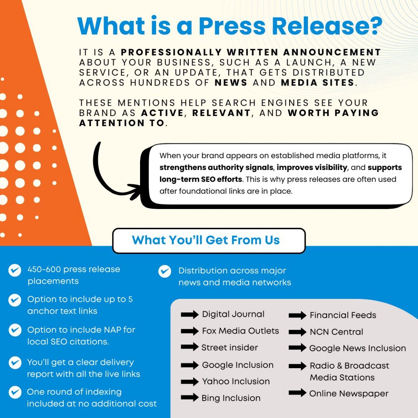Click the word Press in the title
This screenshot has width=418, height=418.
tap(232, 26)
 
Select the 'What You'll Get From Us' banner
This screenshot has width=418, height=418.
tap(209, 240)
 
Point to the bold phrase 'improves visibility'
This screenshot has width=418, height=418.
tap(312, 167)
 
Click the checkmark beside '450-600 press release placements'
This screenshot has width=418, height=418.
tap(15, 270)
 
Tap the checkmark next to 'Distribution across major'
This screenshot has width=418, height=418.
tap(165, 271)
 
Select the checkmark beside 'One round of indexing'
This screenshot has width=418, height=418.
tap(15, 392)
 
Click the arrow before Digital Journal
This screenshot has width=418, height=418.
tap(190, 314)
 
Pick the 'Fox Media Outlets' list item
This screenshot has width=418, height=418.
tap(240, 331)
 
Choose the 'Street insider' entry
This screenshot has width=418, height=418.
tap(230, 348)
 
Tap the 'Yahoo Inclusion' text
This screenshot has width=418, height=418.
tap(236, 382)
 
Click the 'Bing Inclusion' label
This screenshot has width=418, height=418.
tap(231, 398)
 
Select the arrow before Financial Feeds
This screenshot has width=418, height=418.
tap(297, 315)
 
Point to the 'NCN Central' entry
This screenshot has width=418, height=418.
tap(336, 332)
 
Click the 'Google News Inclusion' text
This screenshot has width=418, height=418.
tap(357, 348)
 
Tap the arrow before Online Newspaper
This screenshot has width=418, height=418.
tap(297, 393)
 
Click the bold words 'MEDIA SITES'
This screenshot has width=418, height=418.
tap(318, 83)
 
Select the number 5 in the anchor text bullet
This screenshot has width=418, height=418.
tap(130, 299)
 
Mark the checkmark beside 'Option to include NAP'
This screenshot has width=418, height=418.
tap(15, 330)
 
